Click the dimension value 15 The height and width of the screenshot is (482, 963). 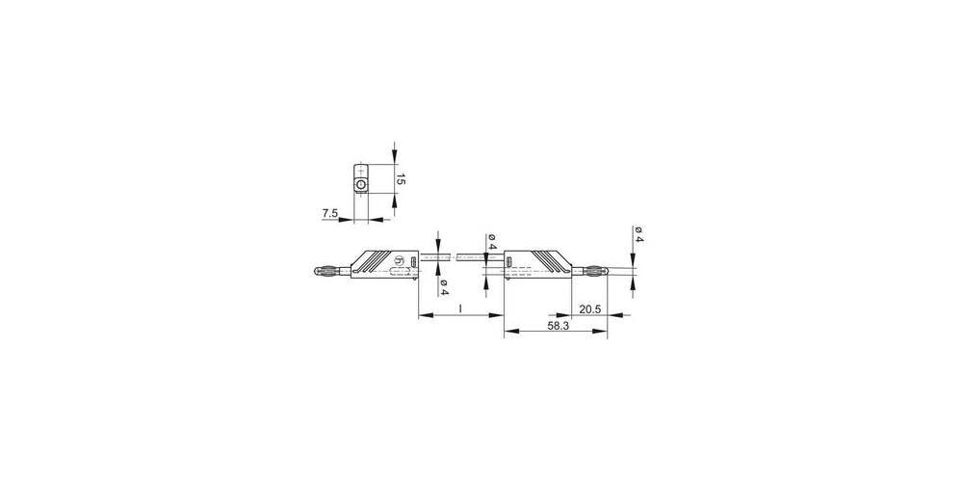pyautogui.click(x=403, y=180)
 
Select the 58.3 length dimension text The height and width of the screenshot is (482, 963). pyautogui.click(x=558, y=327)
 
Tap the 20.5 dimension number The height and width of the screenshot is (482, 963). pyautogui.click(x=590, y=309)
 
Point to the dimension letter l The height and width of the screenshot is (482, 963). pyautogui.click(x=461, y=308)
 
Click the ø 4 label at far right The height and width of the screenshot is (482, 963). pyautogui.click(x=638, y=234)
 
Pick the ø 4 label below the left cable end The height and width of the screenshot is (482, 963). pyautogui.click(x=444, y=286)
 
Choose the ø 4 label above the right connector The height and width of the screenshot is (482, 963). pyautogui.click(x=491, y=242)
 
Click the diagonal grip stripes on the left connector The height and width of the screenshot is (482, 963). pyautogui.click(x=377, y=260)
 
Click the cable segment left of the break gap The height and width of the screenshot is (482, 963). pyautogui.click(x=434, y=258)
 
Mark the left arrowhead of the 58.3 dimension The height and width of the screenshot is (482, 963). pyautogui.click(x=509, y=333)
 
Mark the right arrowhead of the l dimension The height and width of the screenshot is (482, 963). pyautogui.click(x=500, y=315)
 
